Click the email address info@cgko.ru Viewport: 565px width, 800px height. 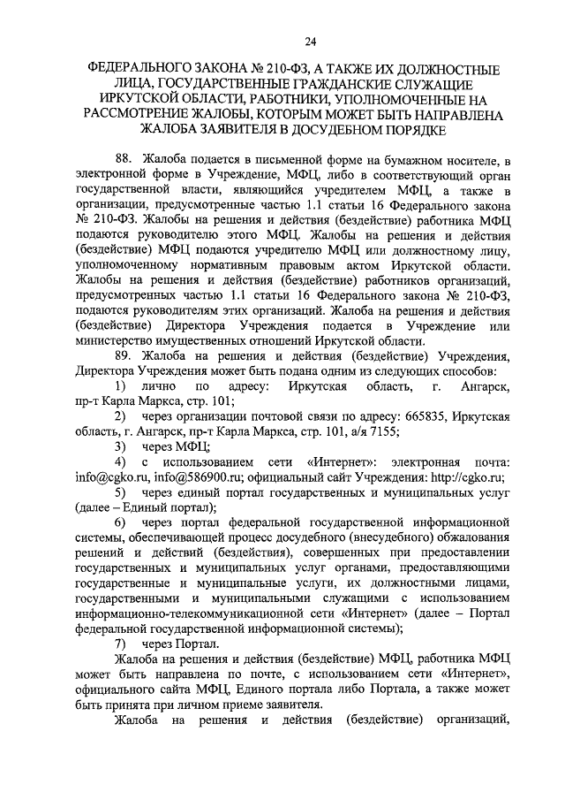107,476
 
